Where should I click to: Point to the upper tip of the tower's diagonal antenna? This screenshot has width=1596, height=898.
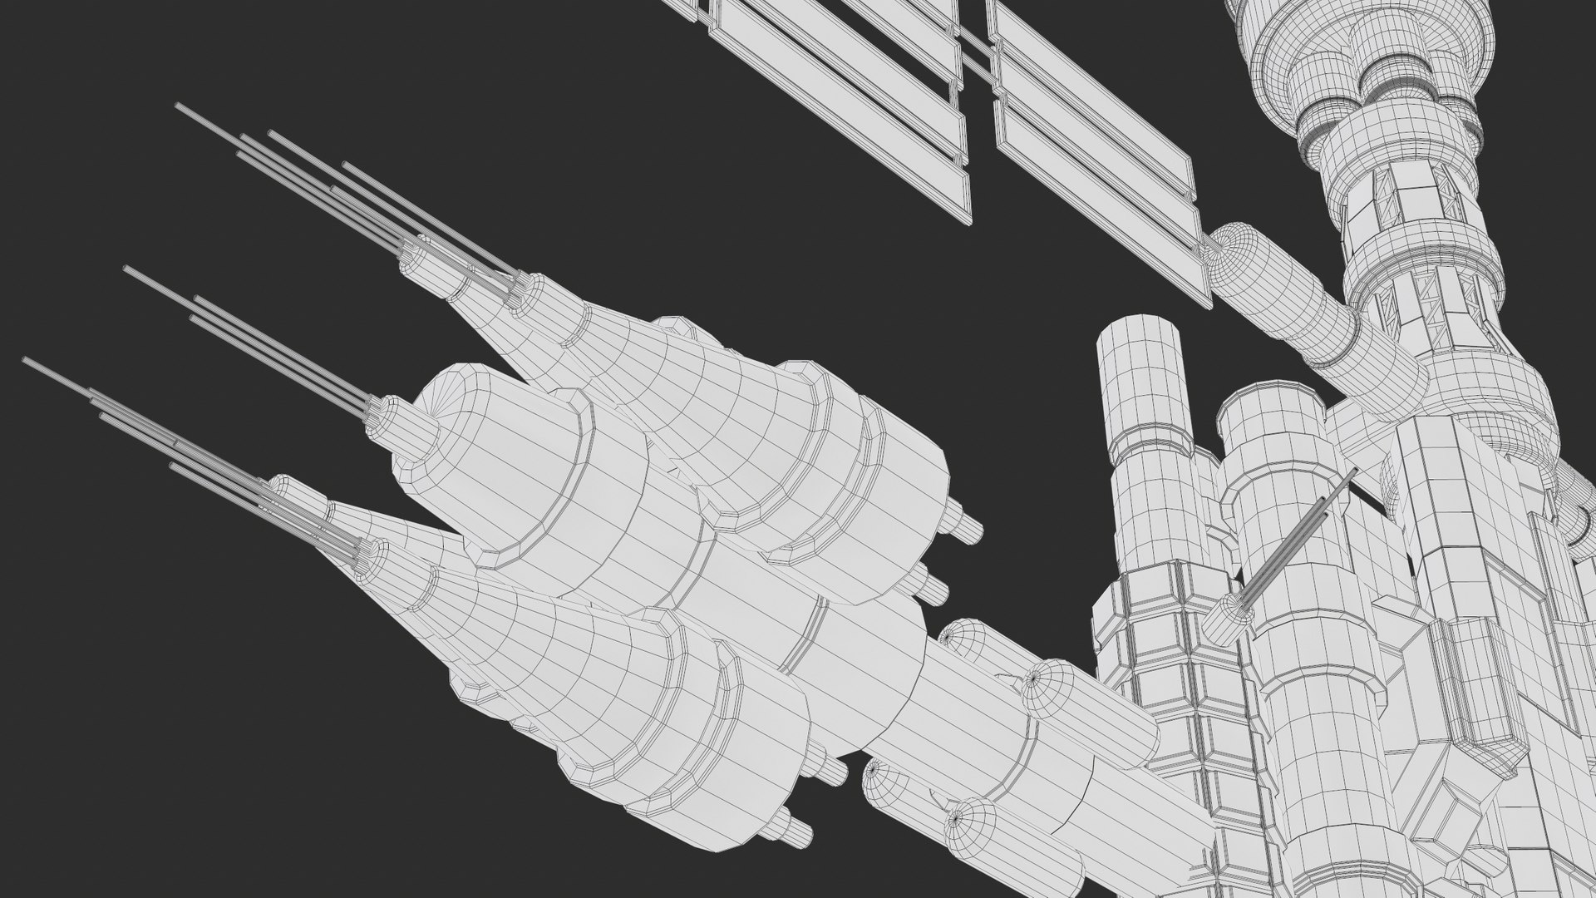point(1354,471)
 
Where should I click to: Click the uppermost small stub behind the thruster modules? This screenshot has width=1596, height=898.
point(968,527)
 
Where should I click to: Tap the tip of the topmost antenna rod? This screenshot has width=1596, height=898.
point(179,106)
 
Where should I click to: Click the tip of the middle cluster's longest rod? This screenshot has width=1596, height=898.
point(126,269)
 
